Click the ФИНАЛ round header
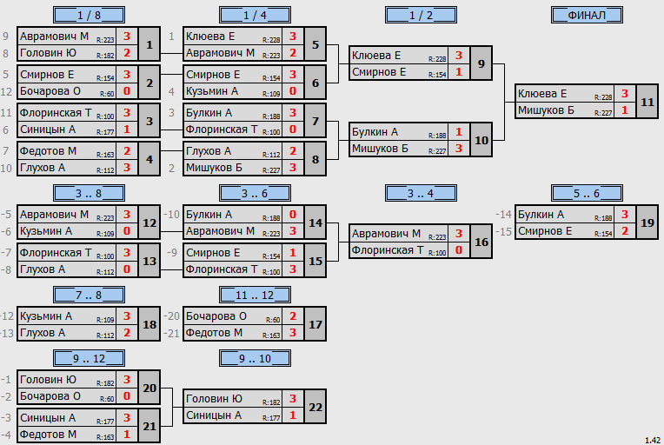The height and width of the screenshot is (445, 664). coord(587,15)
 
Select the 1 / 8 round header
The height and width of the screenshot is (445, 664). coord(89,15)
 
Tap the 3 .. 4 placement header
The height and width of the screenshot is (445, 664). coord(421,193)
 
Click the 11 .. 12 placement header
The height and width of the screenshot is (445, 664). coord(255,295)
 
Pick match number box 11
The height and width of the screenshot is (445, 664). coord(647,102)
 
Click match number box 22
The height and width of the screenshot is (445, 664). coord(315,407)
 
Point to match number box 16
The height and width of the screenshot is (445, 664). coord(481,242)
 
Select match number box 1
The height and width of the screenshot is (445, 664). coord(149,44)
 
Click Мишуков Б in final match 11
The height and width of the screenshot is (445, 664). coord(546,110)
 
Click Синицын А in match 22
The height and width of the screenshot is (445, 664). coord(214,415)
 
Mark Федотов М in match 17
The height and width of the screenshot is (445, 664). coord(214,333)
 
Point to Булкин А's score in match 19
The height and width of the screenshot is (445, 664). coord(625,215)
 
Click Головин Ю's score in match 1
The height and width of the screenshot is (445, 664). coord(127,53)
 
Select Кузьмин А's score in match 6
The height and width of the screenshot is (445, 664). coord(293,91)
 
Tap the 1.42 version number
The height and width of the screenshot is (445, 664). coord(653,441)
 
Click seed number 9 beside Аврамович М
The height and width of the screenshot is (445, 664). coord(5,37)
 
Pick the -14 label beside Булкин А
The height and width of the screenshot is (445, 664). coord(503,215)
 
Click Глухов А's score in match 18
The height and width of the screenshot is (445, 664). coord(127,333)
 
